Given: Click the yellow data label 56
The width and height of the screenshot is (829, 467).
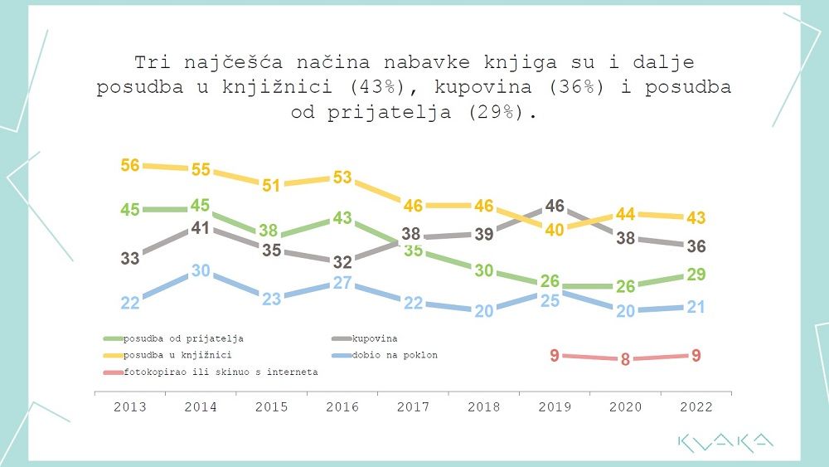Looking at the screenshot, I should click(x=129, y=165).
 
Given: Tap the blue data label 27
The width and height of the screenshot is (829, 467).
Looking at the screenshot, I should click(x=342, y=284).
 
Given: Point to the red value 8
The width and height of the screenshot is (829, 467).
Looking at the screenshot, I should click(x=625, y=360).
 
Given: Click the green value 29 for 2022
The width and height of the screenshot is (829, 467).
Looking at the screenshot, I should click(x=696, y=275).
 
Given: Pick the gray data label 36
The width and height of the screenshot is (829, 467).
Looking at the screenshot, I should click(x=696, y=246).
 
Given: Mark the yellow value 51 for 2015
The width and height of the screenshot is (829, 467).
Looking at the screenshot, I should click(x=271, y=186).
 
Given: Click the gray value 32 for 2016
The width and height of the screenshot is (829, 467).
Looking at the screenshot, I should click(x=342, y=262).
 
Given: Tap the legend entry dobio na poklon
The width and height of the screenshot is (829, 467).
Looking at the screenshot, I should click(x=395, y=355).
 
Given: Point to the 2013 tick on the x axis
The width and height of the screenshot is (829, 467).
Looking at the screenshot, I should click(x=129, y=407).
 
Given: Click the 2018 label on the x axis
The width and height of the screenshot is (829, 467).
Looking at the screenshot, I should click(x=483, y=407).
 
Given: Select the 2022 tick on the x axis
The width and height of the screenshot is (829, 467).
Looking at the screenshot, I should click(x=696, y=407).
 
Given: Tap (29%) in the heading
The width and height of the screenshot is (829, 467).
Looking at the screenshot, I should click(x=502, y=112).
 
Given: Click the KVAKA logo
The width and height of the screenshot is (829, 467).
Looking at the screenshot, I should click(x=725, y=443).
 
